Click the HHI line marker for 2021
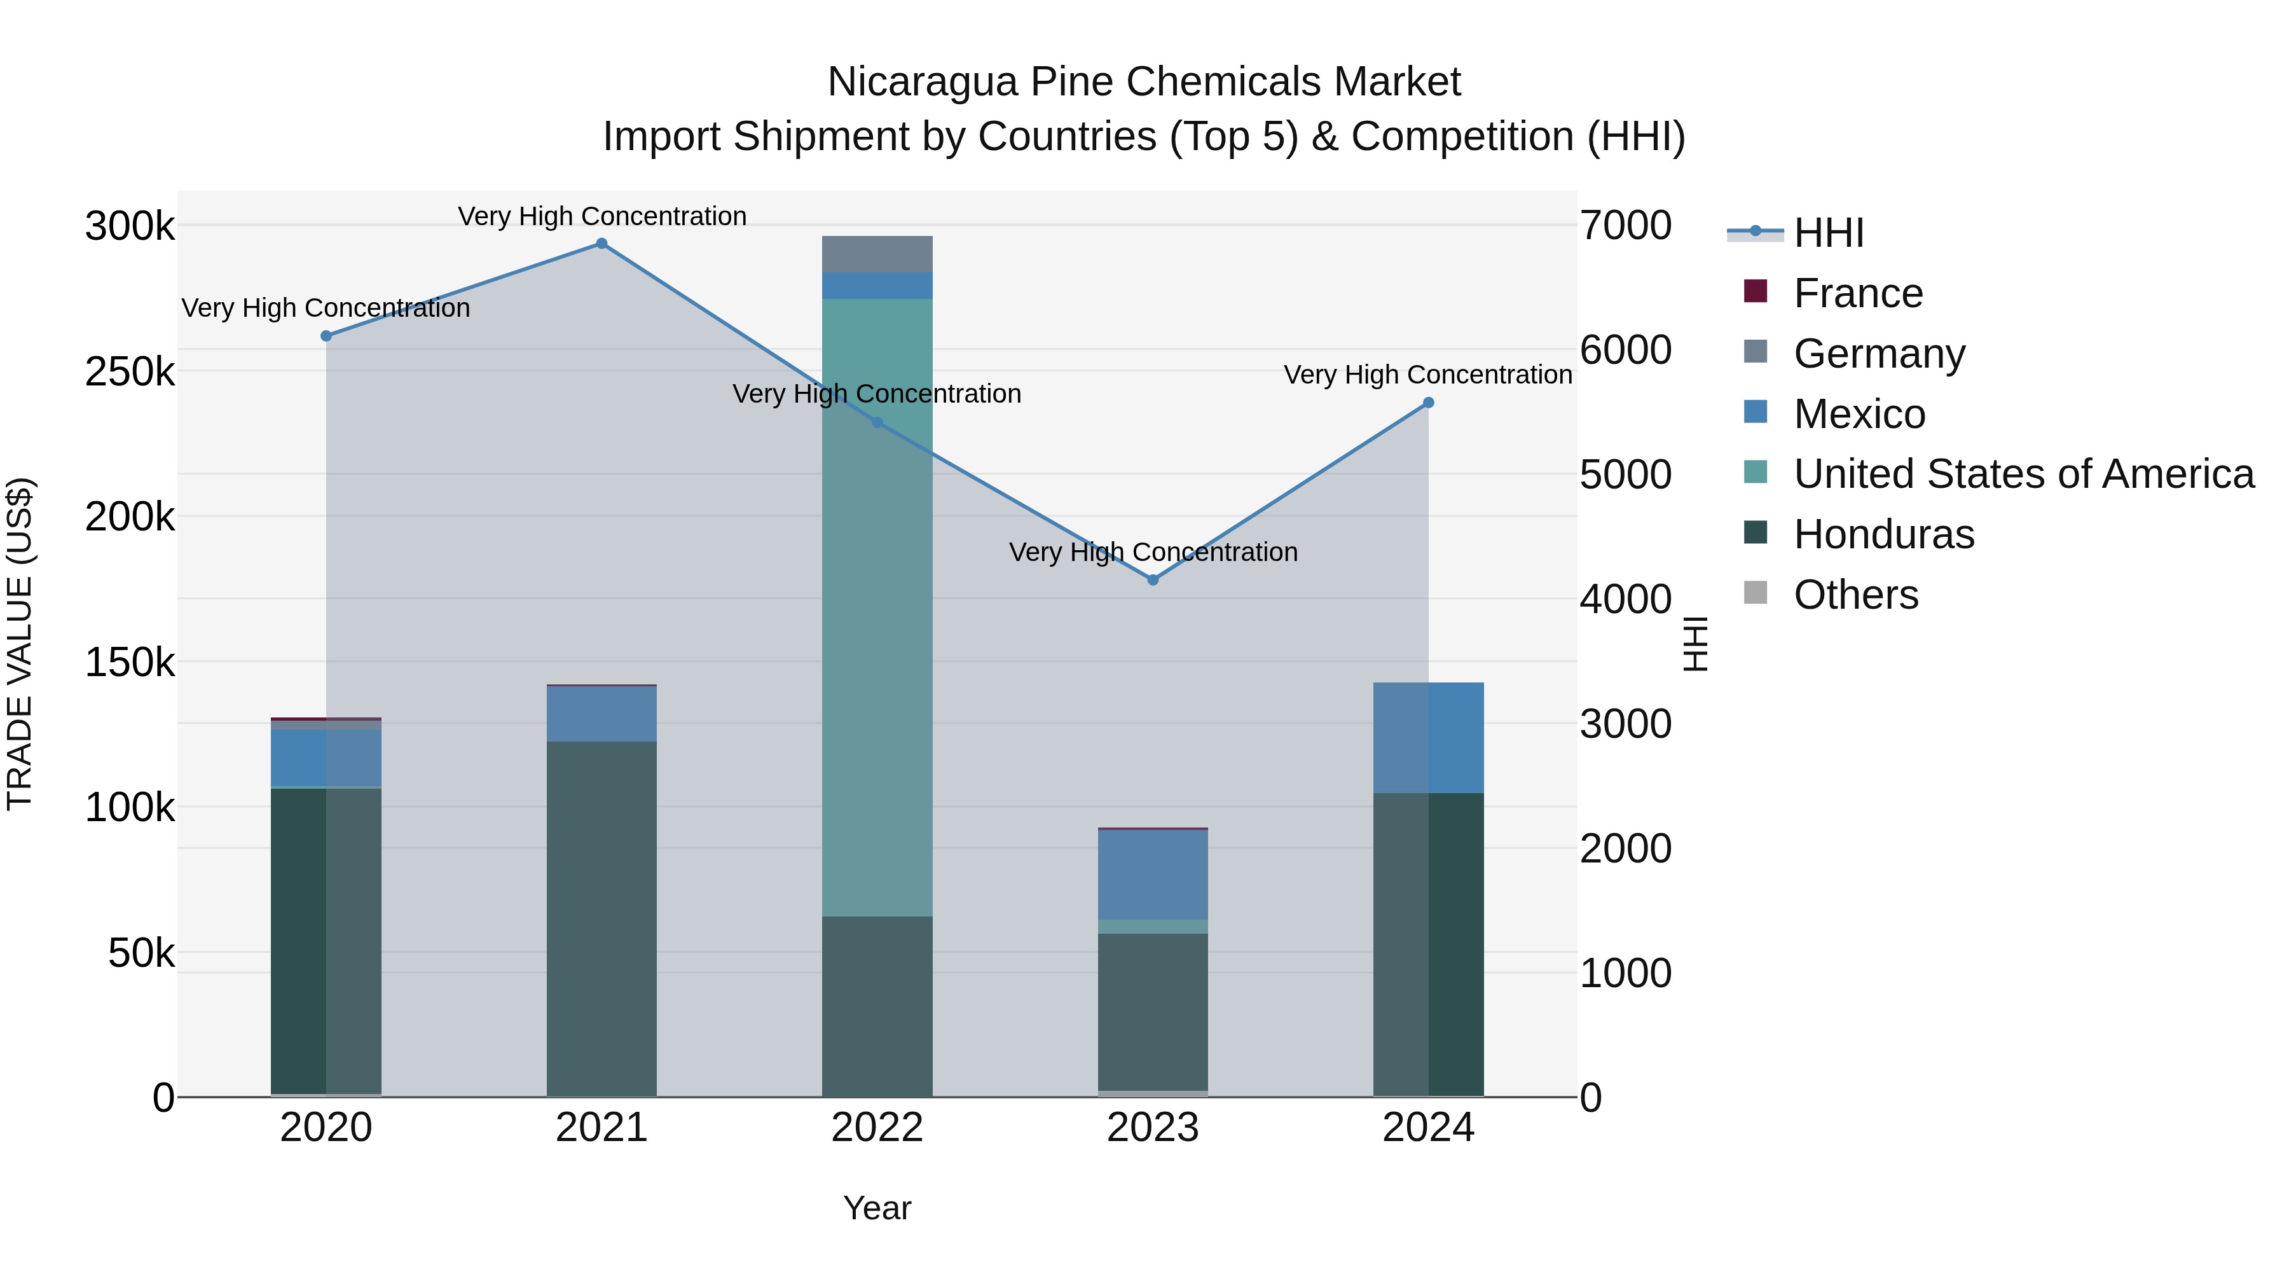pos(601,244)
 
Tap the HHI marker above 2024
pos(1428,403)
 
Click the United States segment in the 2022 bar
pos(877,604)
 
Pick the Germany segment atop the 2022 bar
pos(877,254)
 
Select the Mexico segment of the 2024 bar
pos(1428,738)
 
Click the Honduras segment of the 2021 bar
pos(601,915)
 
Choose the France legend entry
pos(1857,293)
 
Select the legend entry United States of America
pos(2023,474)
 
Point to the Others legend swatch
pos(1755,593)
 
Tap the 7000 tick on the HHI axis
pos(1625,226)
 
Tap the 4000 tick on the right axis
pos(1625,599)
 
